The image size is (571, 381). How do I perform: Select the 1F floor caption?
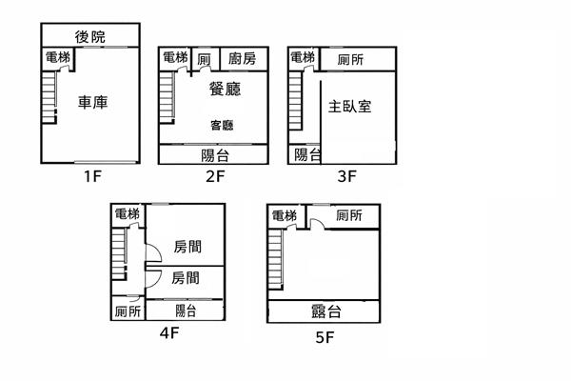[91, 176]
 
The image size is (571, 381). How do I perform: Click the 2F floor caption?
[214, 176]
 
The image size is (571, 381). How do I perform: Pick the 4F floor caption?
[168, 332]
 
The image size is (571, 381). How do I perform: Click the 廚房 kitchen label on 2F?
[243, 59]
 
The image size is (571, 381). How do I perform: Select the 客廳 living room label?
[223, 125]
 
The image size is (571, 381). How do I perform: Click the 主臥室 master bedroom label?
[349, 105]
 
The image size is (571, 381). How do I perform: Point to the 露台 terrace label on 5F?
[325, 311]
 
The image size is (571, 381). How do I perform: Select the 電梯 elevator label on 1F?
[57, 58]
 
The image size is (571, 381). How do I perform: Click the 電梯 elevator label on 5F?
[285, 216]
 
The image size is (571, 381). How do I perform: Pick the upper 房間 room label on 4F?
[187, 248]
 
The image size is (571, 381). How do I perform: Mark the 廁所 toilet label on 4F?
[128, 311]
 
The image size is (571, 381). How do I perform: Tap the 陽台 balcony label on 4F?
[186, 311]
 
